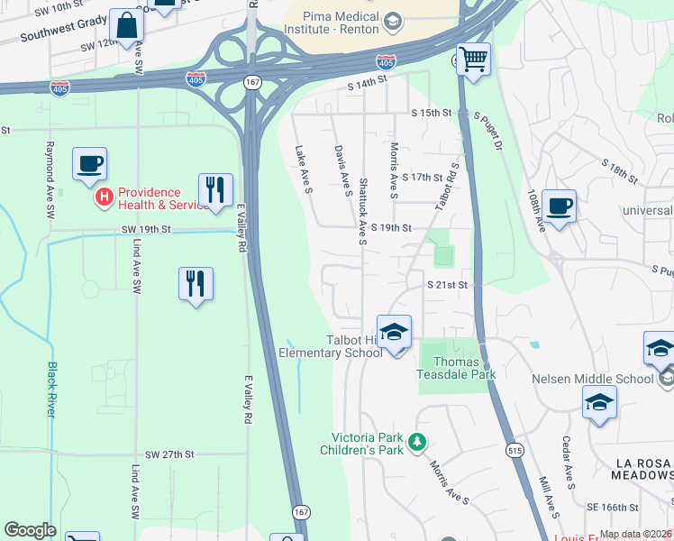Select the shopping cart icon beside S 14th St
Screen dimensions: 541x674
pyautogui.click(x=473, y=60)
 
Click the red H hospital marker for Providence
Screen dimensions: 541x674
pyautogui.click(x=104, y=195)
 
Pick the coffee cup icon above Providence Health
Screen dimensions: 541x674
pyautogui.click(x=90, y=165)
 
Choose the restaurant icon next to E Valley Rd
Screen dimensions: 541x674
pyautogui.click(x=215, y=190)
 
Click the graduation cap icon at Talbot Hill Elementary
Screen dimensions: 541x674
pyautogui.click(x=394, y=334)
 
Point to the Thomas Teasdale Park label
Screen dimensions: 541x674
pyautogui.click(x=459, y=369)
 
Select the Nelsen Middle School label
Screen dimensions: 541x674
pyautogui.click(x=592, y=379)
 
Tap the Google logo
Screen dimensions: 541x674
pyautogui.click(x=31, y=529)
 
